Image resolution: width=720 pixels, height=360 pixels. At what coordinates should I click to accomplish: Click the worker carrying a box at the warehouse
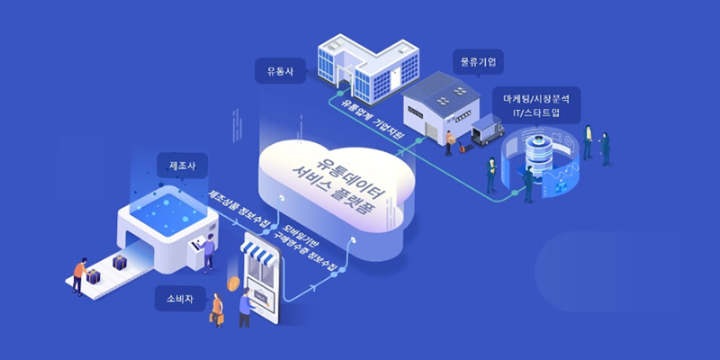(448, 141)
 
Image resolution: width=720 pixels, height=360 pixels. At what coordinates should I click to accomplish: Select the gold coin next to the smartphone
(233, 283)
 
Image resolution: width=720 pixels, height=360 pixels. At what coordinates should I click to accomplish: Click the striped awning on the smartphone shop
(267, 254)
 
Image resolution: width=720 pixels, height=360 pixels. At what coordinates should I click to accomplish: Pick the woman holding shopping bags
(217, 307)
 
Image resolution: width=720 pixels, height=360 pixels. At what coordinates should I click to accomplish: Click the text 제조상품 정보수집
(235, 211)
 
